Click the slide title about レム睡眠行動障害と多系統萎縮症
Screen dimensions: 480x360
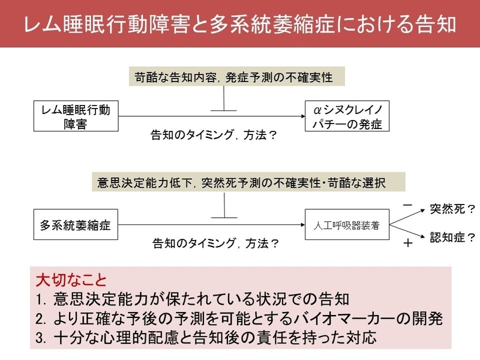(x=240, y=23)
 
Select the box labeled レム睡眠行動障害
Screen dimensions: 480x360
(x=76, y=116)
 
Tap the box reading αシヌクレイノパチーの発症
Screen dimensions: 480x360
(x=347, y=116)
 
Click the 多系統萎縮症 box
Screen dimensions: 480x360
(x=76, y=224)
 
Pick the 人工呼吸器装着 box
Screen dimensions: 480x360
(x=347, y=224)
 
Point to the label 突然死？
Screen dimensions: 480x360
(x=452, y=209)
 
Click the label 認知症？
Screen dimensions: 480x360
(x=452, y=237)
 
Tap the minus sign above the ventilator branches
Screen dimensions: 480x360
(x=408, y=205)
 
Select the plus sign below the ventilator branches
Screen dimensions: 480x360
(x=408, y=243)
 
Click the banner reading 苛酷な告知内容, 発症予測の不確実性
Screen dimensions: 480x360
(x=236, y=77)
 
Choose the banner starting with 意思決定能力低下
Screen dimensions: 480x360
(x=248, y=182)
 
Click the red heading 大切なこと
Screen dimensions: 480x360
(x=71, y=280)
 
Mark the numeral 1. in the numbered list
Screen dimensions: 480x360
(x=41, y=299)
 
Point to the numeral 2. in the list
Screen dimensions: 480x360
(x=41, y=319)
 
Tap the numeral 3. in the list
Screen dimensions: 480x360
(x=41, y=338)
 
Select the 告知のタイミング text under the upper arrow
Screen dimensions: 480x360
(x=192, y=134)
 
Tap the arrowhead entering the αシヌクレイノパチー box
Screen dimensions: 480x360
(x=303, y=116)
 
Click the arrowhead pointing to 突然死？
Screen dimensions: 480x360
(x=423, y=211)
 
